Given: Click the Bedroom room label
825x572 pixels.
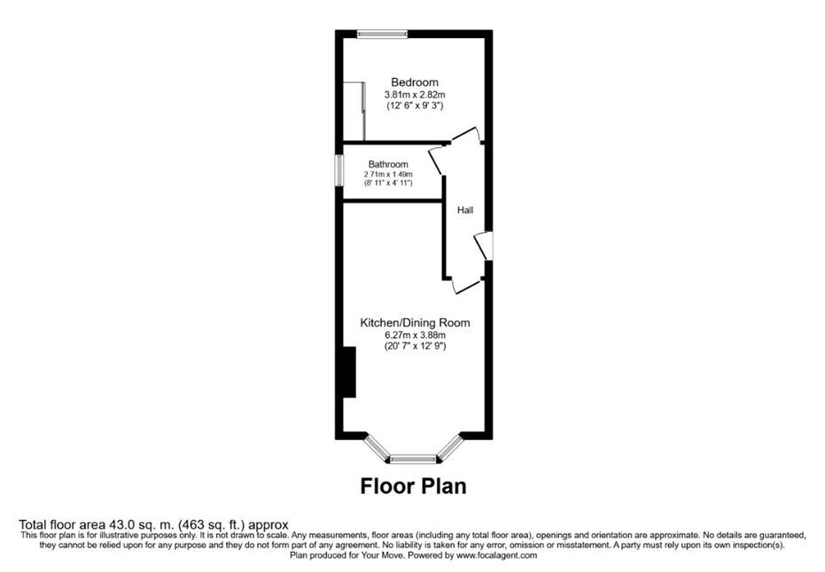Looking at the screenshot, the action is [415, 82].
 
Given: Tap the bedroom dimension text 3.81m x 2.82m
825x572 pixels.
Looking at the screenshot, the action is [415, 95].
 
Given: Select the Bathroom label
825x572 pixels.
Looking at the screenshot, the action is [388, 164].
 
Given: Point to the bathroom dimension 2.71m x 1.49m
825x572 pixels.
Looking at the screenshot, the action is [388, 174].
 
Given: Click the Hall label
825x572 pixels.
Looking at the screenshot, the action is [465, 211].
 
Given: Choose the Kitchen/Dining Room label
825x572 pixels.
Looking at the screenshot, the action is [415, 322].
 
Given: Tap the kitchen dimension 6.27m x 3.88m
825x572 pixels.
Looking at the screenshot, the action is [415, 335].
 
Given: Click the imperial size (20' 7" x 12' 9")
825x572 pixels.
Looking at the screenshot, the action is [415, 346].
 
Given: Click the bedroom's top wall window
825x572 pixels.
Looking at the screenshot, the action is [383, 35].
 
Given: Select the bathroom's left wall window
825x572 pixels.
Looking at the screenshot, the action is [340, 172].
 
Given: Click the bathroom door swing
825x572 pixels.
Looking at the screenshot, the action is [436, 159].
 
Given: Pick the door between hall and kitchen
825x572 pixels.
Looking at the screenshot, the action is [466, 284].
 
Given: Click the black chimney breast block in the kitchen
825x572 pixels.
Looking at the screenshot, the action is [349, 372].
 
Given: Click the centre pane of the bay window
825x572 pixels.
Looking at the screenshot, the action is [414, 460].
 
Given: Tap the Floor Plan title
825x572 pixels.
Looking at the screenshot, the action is [413, 486].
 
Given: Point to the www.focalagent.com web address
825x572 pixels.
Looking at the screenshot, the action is [496, 555].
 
